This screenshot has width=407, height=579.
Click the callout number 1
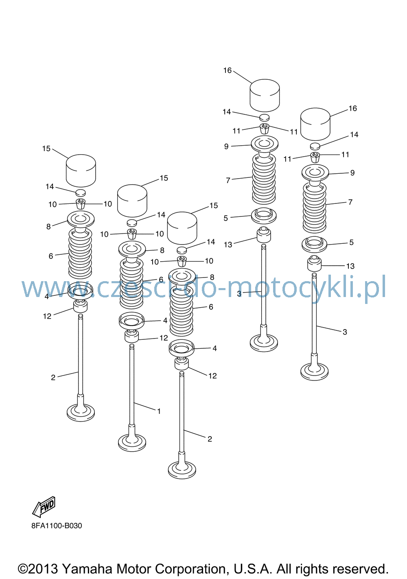159,411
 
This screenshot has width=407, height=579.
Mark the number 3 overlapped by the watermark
239,294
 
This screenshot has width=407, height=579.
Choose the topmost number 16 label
227,70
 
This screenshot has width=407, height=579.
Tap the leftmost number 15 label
46,149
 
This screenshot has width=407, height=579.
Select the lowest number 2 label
210,439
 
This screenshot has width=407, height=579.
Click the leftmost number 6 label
51,256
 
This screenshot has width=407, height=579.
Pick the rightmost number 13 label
350,266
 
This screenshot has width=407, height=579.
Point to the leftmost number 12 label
47,316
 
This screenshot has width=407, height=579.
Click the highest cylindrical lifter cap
265,95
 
